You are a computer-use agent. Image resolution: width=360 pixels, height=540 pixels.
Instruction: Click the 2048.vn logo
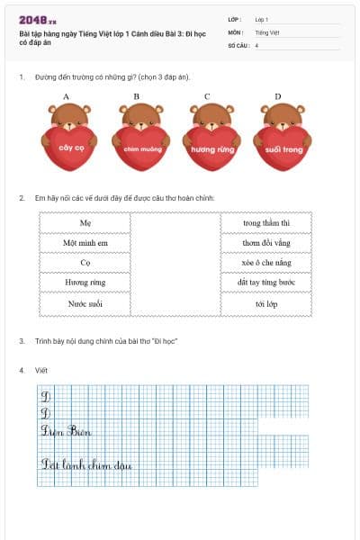click(38, 19)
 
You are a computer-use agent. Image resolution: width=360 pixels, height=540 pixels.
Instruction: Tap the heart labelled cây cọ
click(64, 147)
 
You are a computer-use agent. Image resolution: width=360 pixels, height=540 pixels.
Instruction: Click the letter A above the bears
click(66, 96)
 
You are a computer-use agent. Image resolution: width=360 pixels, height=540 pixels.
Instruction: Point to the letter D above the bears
click(277, 96)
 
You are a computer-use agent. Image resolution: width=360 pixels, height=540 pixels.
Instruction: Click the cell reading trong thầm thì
click(266, 222)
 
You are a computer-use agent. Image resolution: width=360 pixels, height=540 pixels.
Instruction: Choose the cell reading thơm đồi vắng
click(266, 243)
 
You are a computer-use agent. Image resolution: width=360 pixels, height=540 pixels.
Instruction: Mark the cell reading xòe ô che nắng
click(266, 263)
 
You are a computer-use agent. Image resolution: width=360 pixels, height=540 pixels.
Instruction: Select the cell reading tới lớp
click(266, 304)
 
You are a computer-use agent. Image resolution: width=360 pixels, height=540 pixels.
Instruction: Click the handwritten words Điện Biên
click(67, 431)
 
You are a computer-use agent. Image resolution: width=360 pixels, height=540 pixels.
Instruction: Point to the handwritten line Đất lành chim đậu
click(86, 464)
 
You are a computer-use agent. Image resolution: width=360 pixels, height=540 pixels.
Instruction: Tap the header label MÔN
click(235, 31)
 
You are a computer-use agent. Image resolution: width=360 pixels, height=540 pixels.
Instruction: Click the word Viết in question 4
click(40, 370)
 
